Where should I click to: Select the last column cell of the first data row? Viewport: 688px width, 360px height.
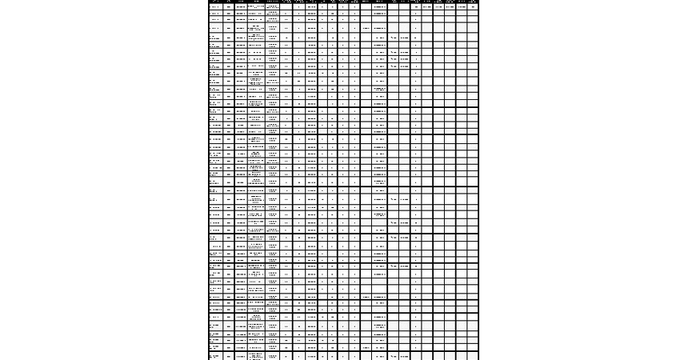474,6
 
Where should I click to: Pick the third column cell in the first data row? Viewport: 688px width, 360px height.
241,6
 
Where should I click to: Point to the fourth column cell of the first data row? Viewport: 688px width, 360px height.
256,6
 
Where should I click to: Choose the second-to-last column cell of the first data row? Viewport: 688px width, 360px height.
462,6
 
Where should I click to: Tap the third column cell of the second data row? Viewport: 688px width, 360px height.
241,14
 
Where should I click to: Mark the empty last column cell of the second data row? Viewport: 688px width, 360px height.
474,14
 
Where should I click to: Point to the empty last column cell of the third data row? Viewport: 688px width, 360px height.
474,21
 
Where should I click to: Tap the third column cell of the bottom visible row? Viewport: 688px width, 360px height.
241,355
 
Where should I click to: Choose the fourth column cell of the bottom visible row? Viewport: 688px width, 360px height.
256,355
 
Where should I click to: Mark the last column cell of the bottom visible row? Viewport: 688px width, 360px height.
474,355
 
